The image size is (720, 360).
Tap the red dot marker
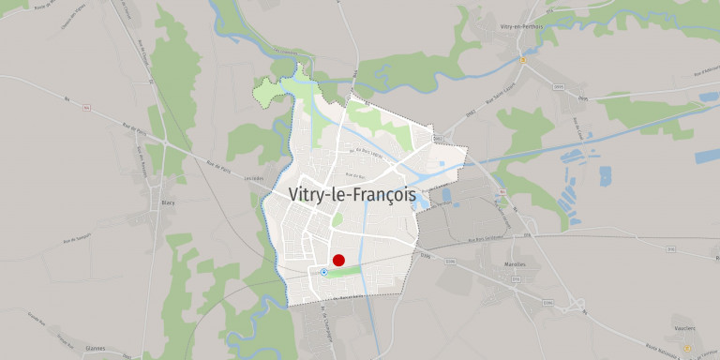point(339,261)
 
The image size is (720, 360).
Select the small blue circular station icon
point(323,272)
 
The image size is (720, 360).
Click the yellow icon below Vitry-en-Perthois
point(521,57)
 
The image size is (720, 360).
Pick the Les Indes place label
point(249,179)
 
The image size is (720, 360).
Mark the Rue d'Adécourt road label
point(707,73)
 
